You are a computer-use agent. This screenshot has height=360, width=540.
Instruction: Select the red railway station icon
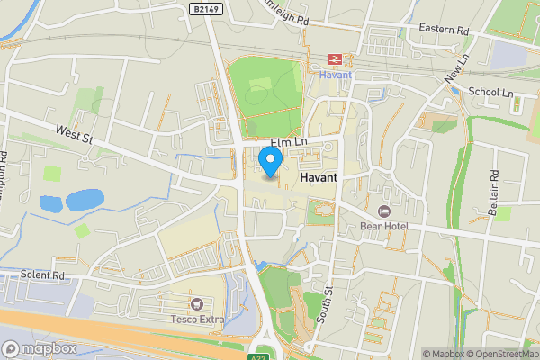[334, 59]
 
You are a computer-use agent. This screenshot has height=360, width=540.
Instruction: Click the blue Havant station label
[334, 75]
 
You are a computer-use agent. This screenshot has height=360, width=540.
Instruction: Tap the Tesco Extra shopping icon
[196, 304]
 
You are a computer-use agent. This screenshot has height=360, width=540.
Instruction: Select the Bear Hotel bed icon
[384, 211]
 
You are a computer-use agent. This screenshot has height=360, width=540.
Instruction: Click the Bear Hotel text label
[384, 226]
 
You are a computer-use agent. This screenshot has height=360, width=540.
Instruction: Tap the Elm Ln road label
[289, 142]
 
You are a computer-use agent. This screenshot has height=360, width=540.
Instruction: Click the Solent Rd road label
[46, 274]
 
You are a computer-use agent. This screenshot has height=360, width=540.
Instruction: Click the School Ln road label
[490, 92]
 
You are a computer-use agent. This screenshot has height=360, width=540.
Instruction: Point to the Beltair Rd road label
[494, 184]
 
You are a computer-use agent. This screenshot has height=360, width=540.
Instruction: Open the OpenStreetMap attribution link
[498, 354]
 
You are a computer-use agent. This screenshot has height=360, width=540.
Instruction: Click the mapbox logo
[38, 348]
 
